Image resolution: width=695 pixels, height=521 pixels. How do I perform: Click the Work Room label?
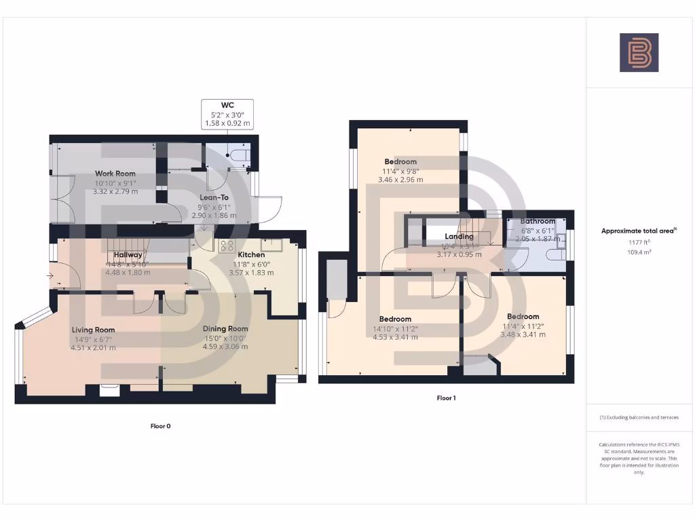[115, 174]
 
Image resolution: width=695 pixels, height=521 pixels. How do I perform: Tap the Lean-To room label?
[213, 197]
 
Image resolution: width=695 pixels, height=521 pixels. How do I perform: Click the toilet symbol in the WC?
[240, 155]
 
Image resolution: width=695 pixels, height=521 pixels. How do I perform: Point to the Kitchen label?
[250, 254]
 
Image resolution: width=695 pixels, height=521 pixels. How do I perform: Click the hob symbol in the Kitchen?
[226, 246]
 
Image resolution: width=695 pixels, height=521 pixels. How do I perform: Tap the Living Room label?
[94, 330]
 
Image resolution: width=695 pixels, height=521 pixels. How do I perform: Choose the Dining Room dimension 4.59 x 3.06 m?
[225, 347]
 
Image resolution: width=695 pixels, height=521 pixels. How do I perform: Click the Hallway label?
[128, 255]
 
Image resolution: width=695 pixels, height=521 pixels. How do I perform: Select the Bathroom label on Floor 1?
[538, 221]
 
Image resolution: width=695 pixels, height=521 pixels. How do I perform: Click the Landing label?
[459, 236]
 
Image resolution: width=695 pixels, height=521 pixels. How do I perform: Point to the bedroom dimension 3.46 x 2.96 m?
[400, 180]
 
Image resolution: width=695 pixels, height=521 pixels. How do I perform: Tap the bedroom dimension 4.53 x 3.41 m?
[394, 336]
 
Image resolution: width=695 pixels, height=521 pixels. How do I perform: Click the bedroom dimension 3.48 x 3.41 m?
[523, 334]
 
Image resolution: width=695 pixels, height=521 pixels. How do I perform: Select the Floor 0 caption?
[160, 426]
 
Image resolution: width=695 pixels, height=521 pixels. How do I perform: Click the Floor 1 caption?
[446, 398]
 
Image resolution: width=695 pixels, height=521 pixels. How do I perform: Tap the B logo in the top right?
[639, 52]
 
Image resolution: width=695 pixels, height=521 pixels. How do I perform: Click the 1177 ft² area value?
[639, 242]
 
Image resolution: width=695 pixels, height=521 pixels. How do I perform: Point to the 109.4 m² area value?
[639, 251]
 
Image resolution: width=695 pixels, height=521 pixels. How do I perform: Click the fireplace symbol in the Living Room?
[109, 389]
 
